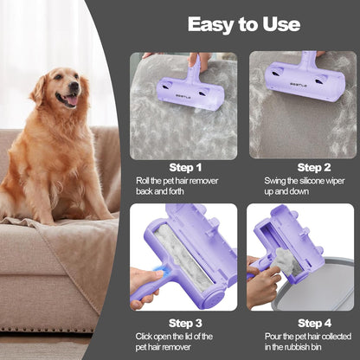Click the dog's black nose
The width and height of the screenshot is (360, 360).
74,86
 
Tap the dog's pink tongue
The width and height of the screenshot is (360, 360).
72,100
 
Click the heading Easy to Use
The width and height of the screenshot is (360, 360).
244,24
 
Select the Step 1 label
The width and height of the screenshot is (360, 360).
185,168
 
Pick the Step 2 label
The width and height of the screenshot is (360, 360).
314,168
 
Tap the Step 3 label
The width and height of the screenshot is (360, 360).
185,323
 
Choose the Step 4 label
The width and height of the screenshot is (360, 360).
314,323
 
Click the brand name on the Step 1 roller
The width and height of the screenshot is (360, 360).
183,98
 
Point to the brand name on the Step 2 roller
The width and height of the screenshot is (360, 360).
299,85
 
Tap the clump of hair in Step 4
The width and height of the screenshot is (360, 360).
285,259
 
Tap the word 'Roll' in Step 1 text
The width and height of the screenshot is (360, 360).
142,181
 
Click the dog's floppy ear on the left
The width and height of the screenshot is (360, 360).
38,89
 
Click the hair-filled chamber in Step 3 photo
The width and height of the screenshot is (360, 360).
184,254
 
